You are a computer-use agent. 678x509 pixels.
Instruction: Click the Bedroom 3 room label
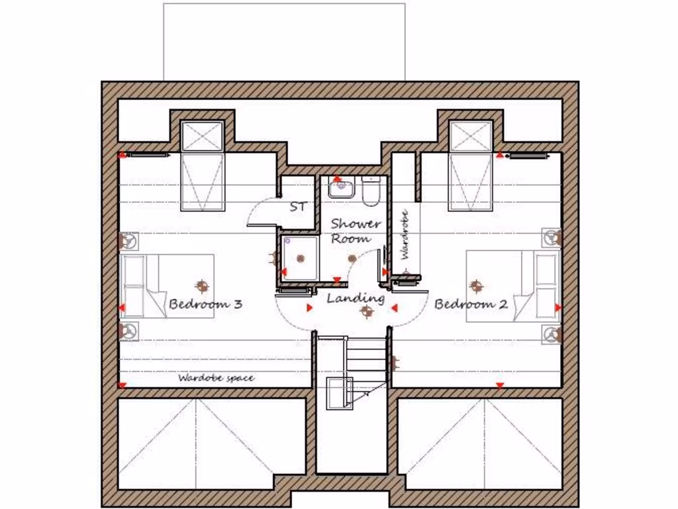[x=205, y=304]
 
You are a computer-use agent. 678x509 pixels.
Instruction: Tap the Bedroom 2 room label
[x=471, y=304]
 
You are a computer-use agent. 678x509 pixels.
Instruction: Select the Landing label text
[x=356, y=298]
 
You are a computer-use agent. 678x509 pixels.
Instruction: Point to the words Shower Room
[x=356, y=231]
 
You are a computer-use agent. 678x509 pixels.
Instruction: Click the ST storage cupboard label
[x=298, y=207]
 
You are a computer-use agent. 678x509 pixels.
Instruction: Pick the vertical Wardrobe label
[x=405, y=235]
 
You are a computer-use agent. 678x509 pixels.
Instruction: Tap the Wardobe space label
[x=216, y=378]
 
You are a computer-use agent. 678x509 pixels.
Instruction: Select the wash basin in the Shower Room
[x=342, y=187]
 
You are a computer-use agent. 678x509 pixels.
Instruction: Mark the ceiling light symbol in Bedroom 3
[x=201, y=286]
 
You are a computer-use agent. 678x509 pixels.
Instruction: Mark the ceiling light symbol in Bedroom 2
[x=475, y=286]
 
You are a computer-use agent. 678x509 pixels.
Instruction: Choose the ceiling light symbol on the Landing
[x=363, y=312]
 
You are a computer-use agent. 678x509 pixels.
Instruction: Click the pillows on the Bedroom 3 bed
[x=133, y=286]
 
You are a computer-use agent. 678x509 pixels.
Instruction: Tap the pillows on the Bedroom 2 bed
[x=547, y=286]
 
